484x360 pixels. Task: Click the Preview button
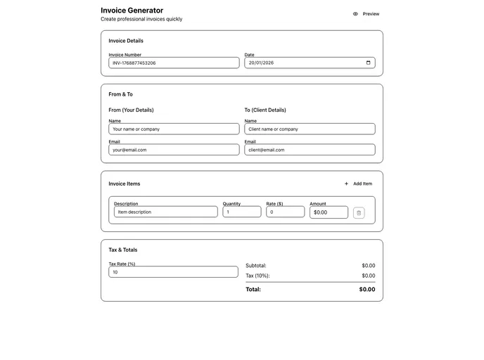tap(366, 14)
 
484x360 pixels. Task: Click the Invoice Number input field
tap(174, 63)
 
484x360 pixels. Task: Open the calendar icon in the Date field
tap(369, 63)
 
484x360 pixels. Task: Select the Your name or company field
tap(174, 129)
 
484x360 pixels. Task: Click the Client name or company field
tap(310, 129)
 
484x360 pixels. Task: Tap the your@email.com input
tap(174, 150)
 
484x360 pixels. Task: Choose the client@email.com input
tap(310, 150)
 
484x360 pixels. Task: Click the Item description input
tap(165, 212)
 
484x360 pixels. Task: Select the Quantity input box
tap(241, 212)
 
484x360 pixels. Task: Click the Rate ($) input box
tap(285, 212)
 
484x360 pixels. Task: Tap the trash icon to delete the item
tap(359, 212)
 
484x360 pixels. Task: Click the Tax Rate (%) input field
tap(173, 272)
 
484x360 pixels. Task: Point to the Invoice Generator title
tap(132, 11)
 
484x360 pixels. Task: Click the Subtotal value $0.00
tap(368, 266)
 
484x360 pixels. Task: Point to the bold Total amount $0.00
tap(367, 289)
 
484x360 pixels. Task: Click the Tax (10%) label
tap(257, 276)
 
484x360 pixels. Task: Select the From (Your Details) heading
tap(131, 110)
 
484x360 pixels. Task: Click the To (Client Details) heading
tap(265, 110)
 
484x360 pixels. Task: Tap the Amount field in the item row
tap(329, 212)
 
